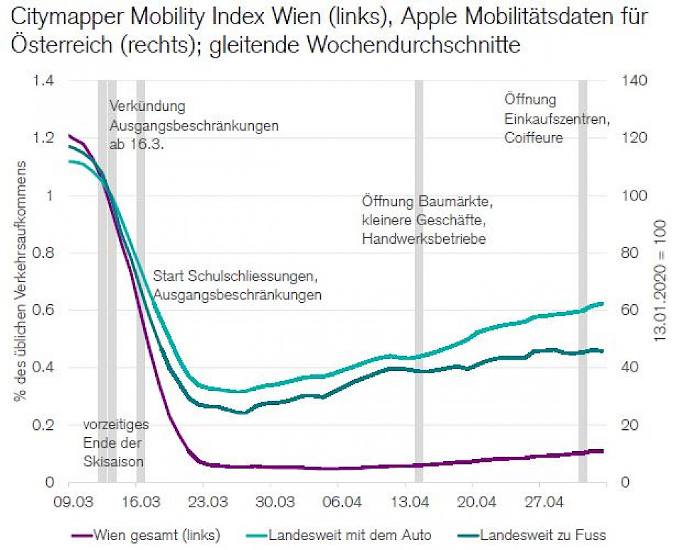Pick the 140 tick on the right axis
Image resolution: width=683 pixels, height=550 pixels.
click(636, 80)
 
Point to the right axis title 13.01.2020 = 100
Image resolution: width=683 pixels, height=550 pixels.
click(660, 281)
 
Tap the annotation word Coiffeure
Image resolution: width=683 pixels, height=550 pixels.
click(534, 138)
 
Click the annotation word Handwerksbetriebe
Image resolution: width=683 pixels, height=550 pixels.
click(423, 239)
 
